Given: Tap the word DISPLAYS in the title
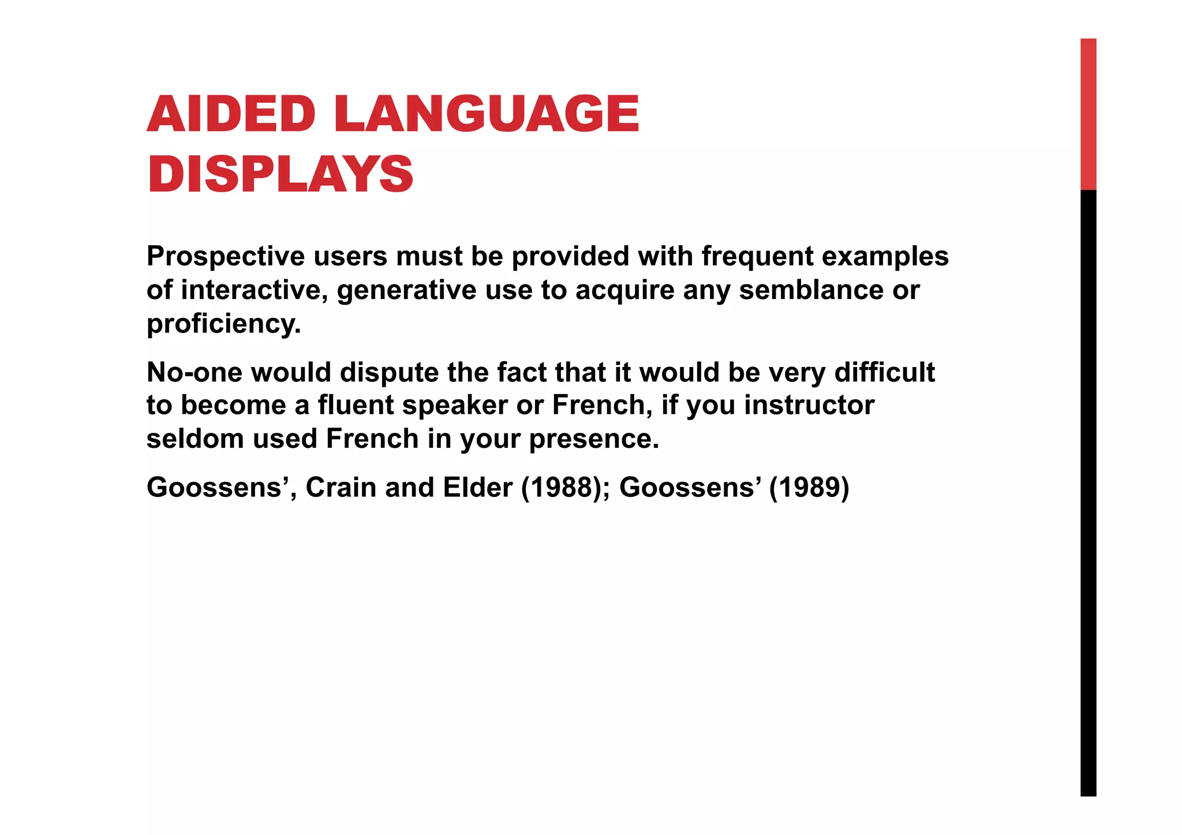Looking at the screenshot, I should [280, 174].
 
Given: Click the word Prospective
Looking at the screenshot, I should [226, 257].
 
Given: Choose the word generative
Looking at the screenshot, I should [406, 290].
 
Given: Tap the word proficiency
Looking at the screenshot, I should [223, 324].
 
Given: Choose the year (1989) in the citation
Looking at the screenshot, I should [809, 488].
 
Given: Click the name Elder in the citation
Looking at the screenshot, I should [477, 488].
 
